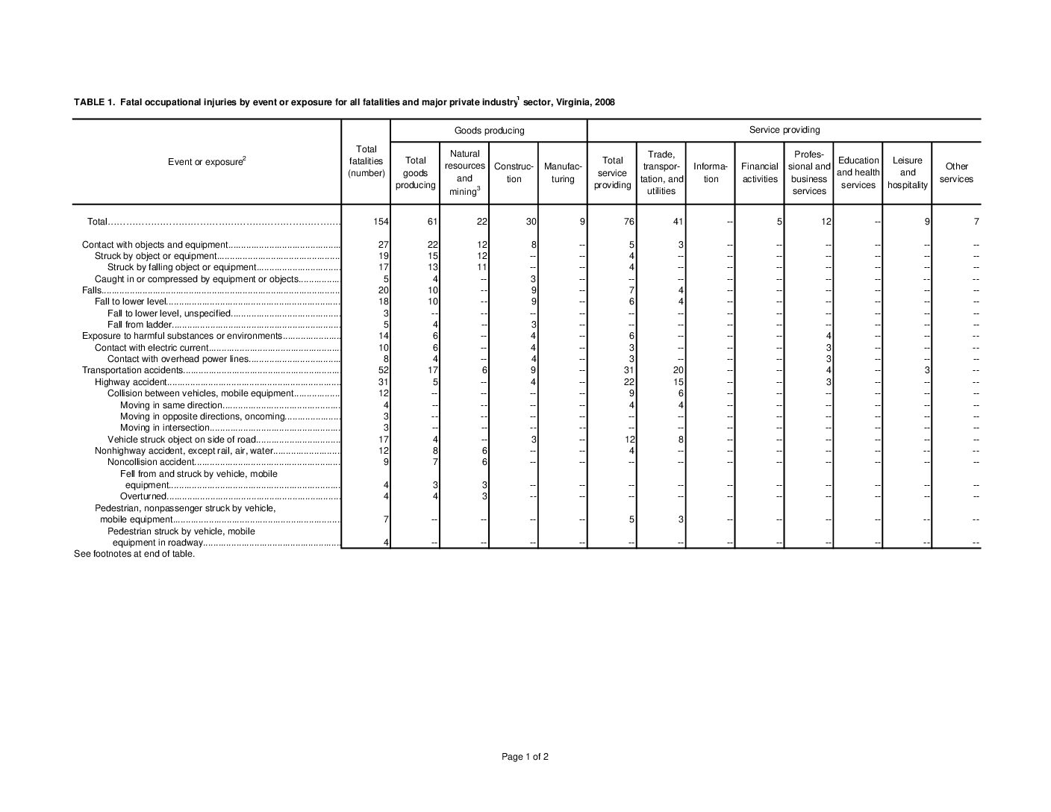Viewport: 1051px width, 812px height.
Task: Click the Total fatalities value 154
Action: pyautogui.click(x=380, y=222)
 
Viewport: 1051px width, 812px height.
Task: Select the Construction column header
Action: pyautogui.click(x=514, y=173)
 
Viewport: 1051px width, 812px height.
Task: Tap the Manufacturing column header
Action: pyautogui.click(x=563, y=173)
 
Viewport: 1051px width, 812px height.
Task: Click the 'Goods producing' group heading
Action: pyautogui.click(x=489, y=131)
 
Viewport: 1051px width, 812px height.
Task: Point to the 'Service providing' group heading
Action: pyautogui.click(x=784, y=130)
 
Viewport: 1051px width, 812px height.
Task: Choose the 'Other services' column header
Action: pyautogui.click(x=956, y=172)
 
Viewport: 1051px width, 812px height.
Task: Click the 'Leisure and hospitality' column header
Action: pyautogui.click(x=907, y=172)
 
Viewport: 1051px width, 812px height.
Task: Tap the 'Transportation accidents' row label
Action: pyautogui.click(x=132, y=370)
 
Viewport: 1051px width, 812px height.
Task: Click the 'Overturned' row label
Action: pyautogui.click(x=143, y=496)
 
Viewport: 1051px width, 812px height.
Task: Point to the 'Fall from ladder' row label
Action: pyautogui.click(x=140, y=325)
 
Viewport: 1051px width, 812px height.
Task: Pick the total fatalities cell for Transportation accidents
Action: pyautogui.click(x=383, y=370)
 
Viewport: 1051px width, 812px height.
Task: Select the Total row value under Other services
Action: pyautogui.click(x=975, y=222)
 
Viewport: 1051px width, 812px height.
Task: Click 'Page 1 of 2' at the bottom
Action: pyautogui.click(x=525, y=757)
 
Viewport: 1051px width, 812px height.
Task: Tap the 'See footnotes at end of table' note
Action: pyautogui.click(x=134, y=554)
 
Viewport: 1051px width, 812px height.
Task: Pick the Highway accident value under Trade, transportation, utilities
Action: pyautogui.click(x=678, y=382)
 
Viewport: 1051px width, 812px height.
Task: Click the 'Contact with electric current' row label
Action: pyautogui.click(x=151, y=348)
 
